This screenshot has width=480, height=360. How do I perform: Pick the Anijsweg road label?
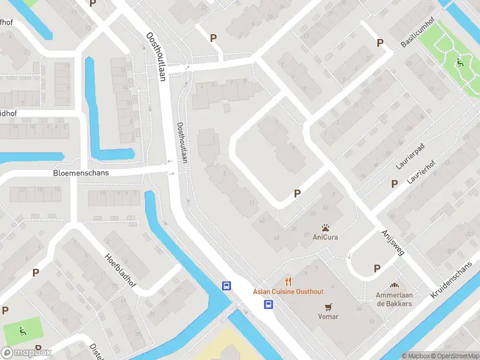pyautogui.click(x=392, y=242)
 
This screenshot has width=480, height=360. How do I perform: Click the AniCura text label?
pyautogui.click(x=325, y=237)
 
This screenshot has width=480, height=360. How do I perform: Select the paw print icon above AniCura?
pyautogui.click(x=325, y=227)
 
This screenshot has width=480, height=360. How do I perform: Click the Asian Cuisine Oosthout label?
pyautogui.click(x=288, y=292)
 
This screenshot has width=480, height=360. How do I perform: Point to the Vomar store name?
pyautogui.click(x=328, y=316)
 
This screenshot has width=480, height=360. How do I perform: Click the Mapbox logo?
pyautogui.click(x=26, y=353)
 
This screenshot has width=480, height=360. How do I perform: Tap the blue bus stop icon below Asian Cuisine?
pyautogui.click(x=268, y=304)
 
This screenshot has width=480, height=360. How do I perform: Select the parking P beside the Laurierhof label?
pyautogui.click(x=394, y=184)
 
